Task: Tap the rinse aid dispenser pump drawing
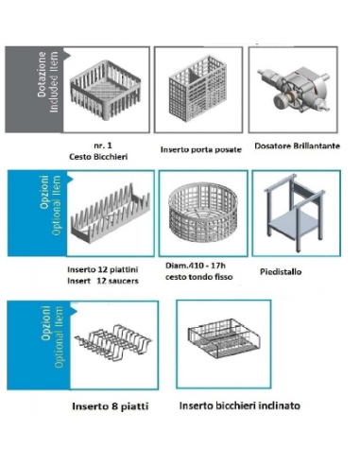point(294,89)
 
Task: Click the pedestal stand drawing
point(295,213)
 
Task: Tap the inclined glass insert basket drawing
point(223,338)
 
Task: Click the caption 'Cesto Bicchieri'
point(98,157)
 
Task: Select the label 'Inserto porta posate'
point(201,149)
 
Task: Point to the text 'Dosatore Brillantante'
point(297,146)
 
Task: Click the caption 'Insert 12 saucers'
point(103,281)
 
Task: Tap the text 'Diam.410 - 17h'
point(196,266)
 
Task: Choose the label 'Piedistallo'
point(281,271)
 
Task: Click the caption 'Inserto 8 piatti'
point(111,406)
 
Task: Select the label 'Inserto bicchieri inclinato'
point(239,405)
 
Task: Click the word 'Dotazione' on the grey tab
point(42,75)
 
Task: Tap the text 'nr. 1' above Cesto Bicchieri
point(103,146)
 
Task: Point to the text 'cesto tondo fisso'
point(198,277)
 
